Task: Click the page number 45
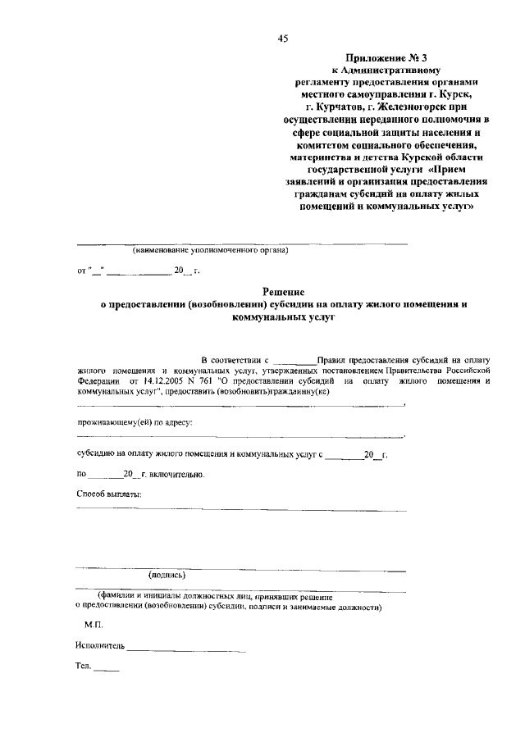point(283,38)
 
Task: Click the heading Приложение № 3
point(385,59)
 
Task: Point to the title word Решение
point(284,291)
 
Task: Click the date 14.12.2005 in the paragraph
point(166,380)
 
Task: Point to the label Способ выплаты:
point(108,494)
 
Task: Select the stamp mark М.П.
point(94,625)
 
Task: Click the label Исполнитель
point(100,646)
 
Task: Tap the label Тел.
point(83,667)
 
